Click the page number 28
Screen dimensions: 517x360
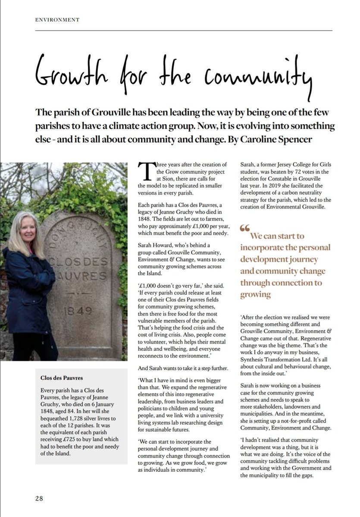39,498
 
